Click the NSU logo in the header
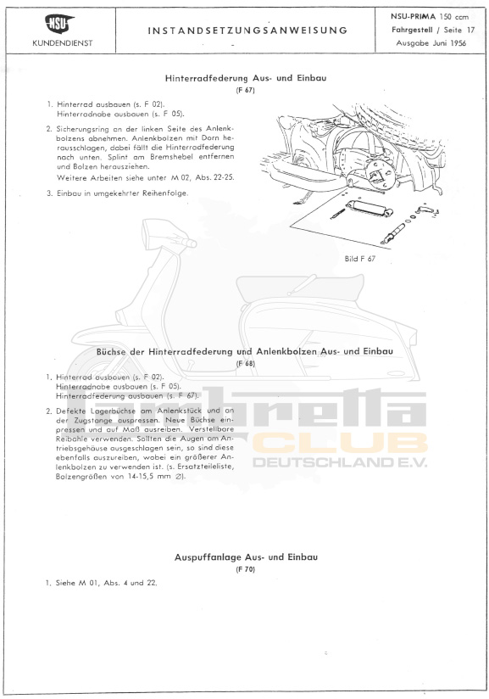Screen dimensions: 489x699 tap(60, 23)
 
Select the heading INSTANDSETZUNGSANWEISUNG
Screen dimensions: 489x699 tap(247, 30)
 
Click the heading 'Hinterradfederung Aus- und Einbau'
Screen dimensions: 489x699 tap(246, 78)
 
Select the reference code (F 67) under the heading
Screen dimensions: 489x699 tap(246, 90)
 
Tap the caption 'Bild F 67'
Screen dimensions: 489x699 tap(359, 259)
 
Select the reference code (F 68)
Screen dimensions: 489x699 tap(246, 363)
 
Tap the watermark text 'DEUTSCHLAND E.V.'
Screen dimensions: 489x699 tap(341, 463)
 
